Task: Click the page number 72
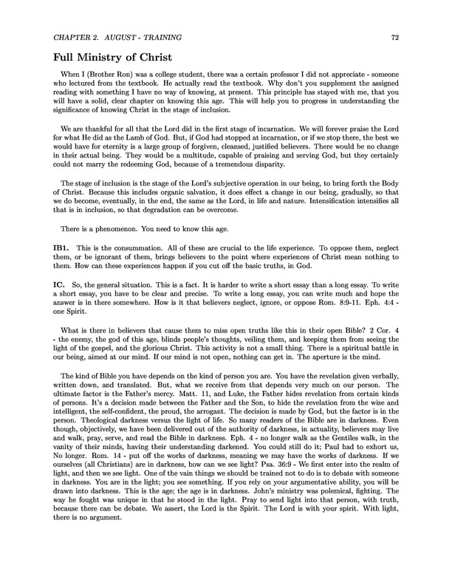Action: [416, 35]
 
